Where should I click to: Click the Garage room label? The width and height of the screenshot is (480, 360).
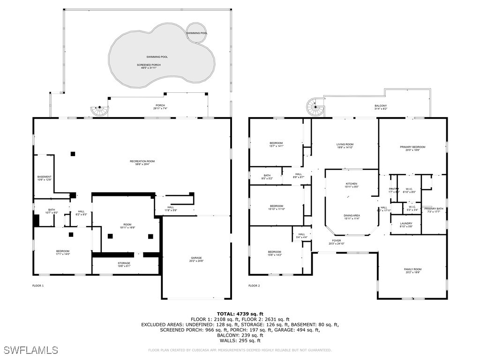(x=196, y=259)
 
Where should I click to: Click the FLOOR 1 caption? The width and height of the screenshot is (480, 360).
(x=37, y=285)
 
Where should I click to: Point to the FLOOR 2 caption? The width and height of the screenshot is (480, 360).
(x=254, y=285)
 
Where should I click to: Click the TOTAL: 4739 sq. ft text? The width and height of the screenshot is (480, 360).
(x=240, y=314)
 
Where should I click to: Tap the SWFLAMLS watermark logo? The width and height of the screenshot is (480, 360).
(x=31, y=350)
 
